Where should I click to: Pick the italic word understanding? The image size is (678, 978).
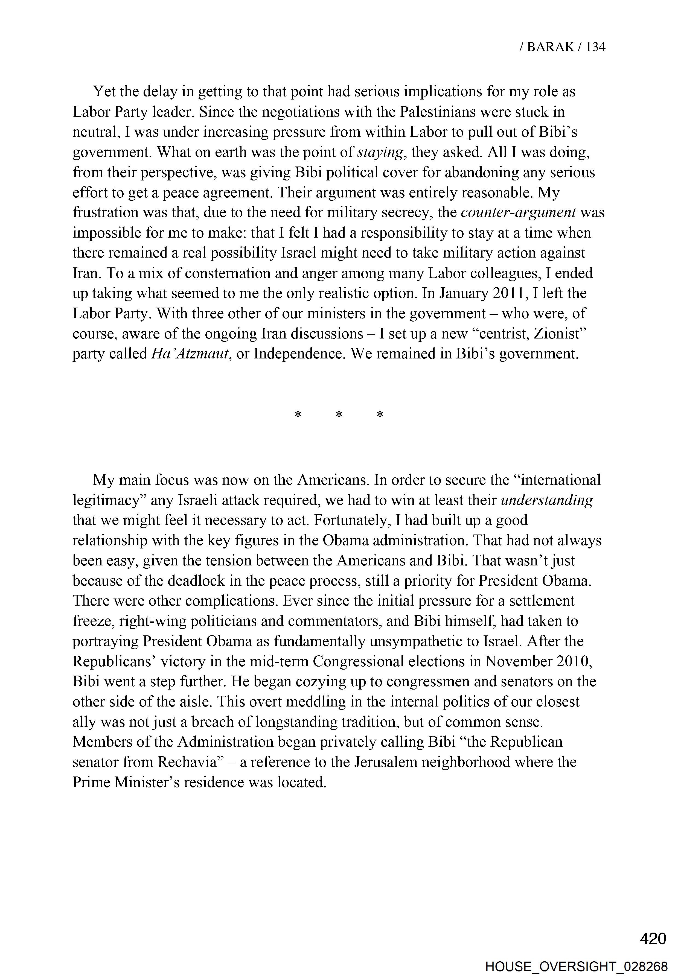tap(547, 500)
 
